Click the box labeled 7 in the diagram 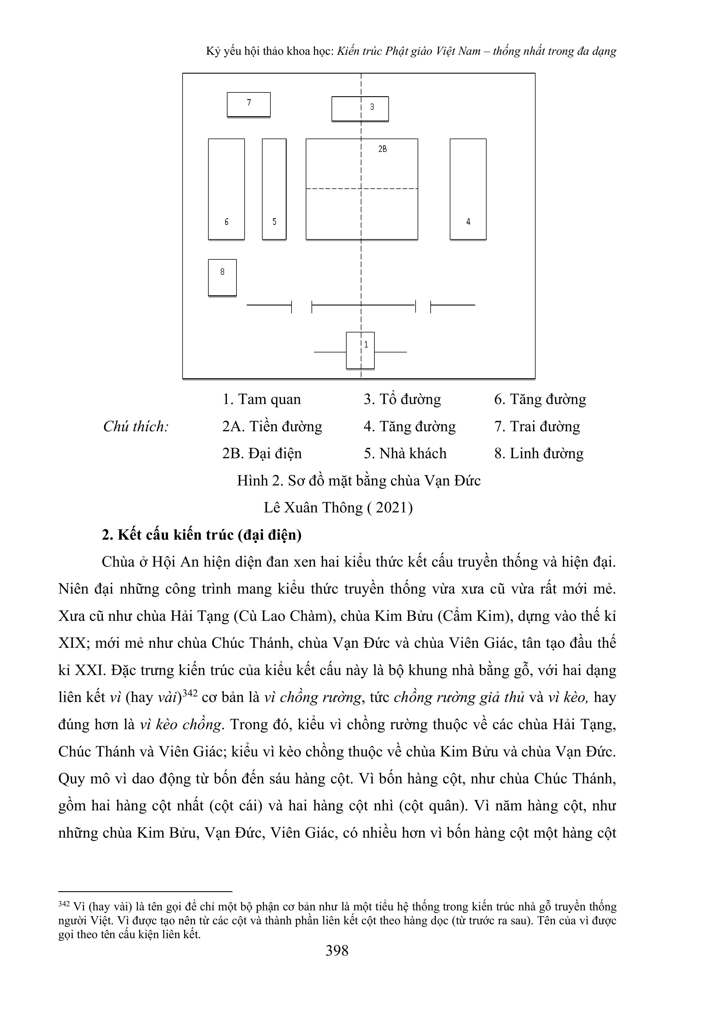(249, 105)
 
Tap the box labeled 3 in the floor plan (360, 108)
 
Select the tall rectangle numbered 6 (226, 189)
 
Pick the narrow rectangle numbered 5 (274, 189)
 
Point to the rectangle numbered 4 (468, 189)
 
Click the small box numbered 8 (222, 278)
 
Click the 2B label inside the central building (382, 149)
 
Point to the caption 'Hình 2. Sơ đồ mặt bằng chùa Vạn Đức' (358, 481)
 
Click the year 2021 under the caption (392, 507)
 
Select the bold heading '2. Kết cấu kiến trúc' (202, 535)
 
